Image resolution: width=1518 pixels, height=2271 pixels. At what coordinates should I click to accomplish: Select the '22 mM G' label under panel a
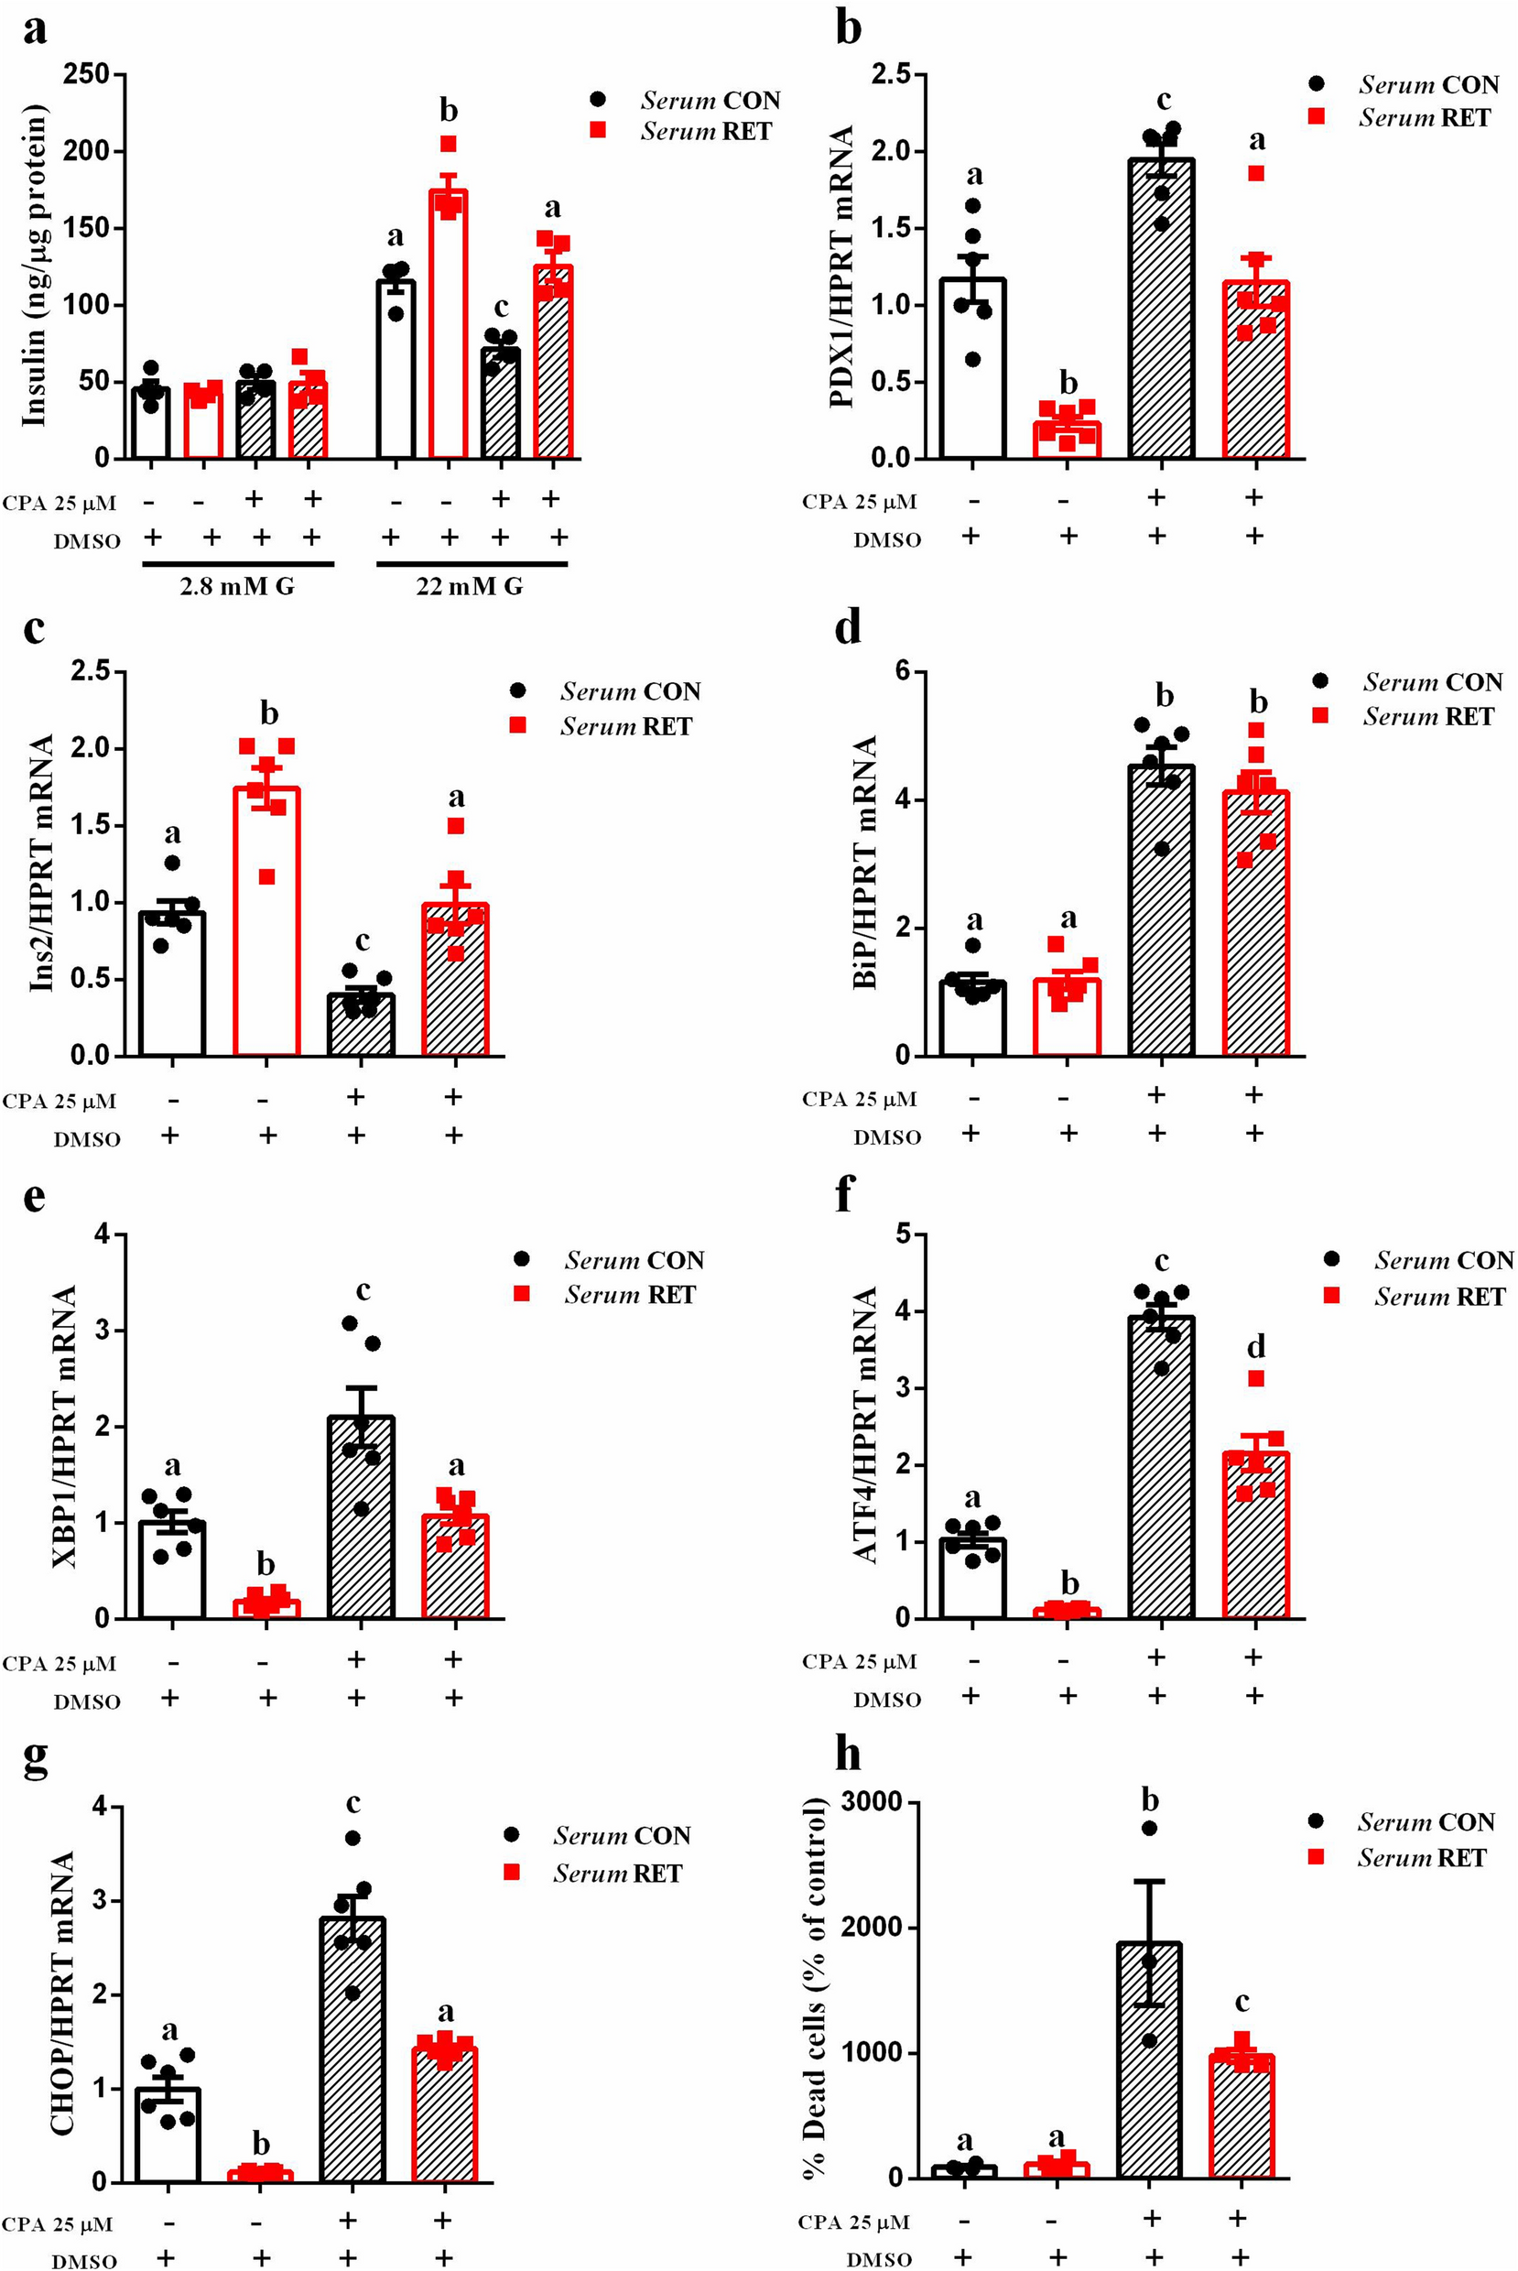coord(470,587)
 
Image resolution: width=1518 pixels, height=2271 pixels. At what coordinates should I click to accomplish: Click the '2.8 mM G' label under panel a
coord(237,587)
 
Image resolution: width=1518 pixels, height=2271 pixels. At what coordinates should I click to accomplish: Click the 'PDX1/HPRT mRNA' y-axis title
coord(841,266)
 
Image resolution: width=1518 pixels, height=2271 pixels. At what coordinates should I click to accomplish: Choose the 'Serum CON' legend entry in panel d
coord(1409,682)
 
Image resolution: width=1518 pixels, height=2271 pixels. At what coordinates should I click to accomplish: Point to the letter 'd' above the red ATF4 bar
coord(1255,1345)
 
